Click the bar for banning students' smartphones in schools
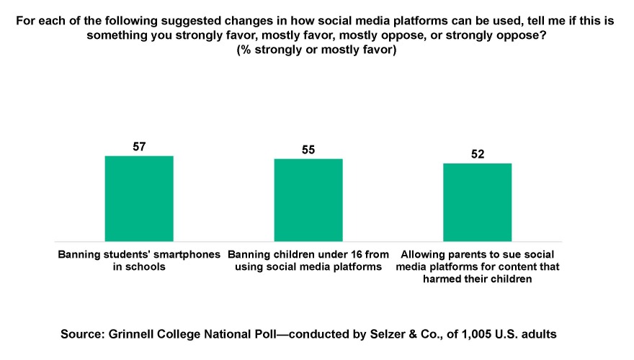pyautogui.click(x=139, y=198)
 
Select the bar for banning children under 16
pyautogui.click(x=308, y=199)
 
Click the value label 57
pyautogui.click(x=139, y=147)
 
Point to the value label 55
pyautogui.click(x=308, y=150)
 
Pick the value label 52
pyautogui.click(x=477, y=154)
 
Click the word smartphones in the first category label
pyautogui.click(x=188, y=255)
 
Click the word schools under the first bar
pyautogui.click(x=149, y=267)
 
